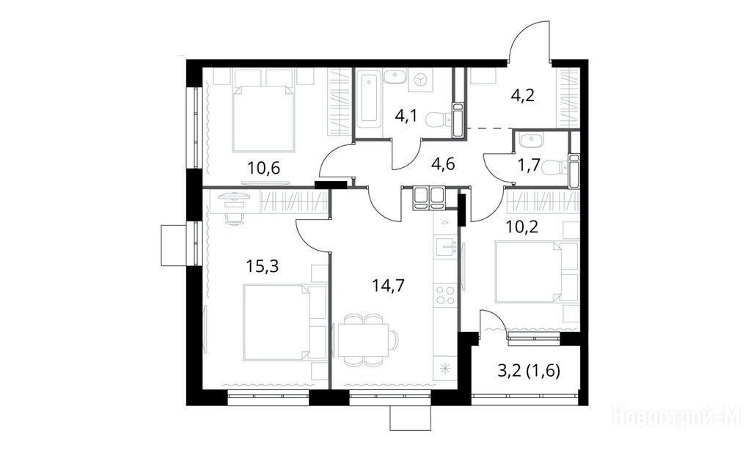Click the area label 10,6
[263, 168]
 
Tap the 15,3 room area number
[262, 266]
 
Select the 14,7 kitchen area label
[389, 286]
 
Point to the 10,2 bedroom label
[522, 226]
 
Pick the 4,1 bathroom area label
[406, 117]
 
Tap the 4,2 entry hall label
[522, 95]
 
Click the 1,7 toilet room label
[529, 165]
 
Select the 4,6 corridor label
[443, 163]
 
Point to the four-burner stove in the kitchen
[445, 295]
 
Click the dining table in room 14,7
[362, 340]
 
